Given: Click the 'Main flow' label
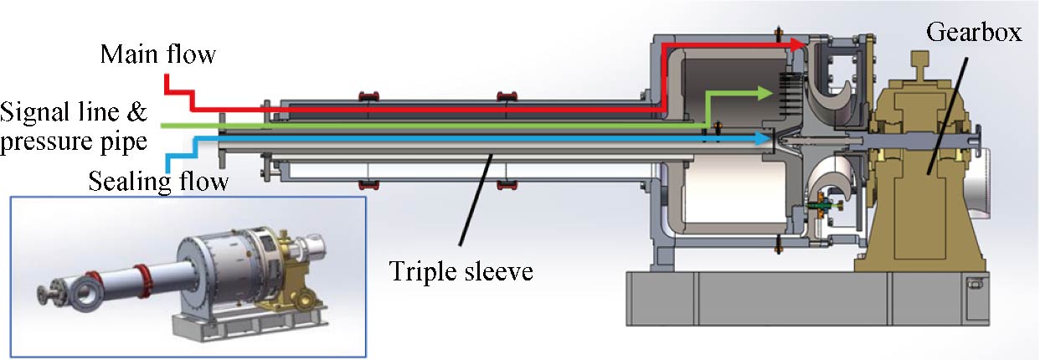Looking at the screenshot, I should [157, 55].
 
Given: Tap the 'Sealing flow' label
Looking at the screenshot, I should [158, 181].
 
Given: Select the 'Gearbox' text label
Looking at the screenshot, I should [973, 33].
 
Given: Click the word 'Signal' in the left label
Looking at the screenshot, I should [39, 111].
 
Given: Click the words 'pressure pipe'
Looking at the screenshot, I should [74, 142].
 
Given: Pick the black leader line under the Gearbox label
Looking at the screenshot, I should [945, 101].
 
